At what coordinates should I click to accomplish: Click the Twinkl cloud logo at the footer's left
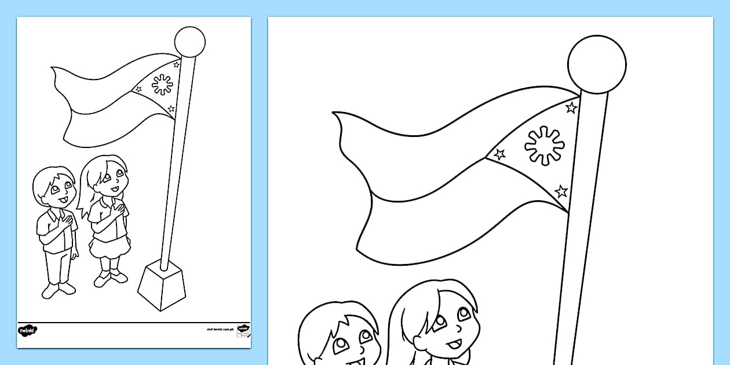(28, 330)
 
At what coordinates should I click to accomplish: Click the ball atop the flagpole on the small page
(189, 42)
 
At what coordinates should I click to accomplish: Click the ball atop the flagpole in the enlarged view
(597, 64)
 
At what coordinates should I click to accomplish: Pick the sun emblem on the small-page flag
(162, 85)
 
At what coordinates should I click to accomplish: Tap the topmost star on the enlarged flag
(571, 107)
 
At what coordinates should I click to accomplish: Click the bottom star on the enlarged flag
(561, 191)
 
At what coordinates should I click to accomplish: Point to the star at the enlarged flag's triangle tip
(499, 154)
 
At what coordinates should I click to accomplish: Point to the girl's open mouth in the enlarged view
(454, 345)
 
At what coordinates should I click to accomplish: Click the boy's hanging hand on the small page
(74, 253)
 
